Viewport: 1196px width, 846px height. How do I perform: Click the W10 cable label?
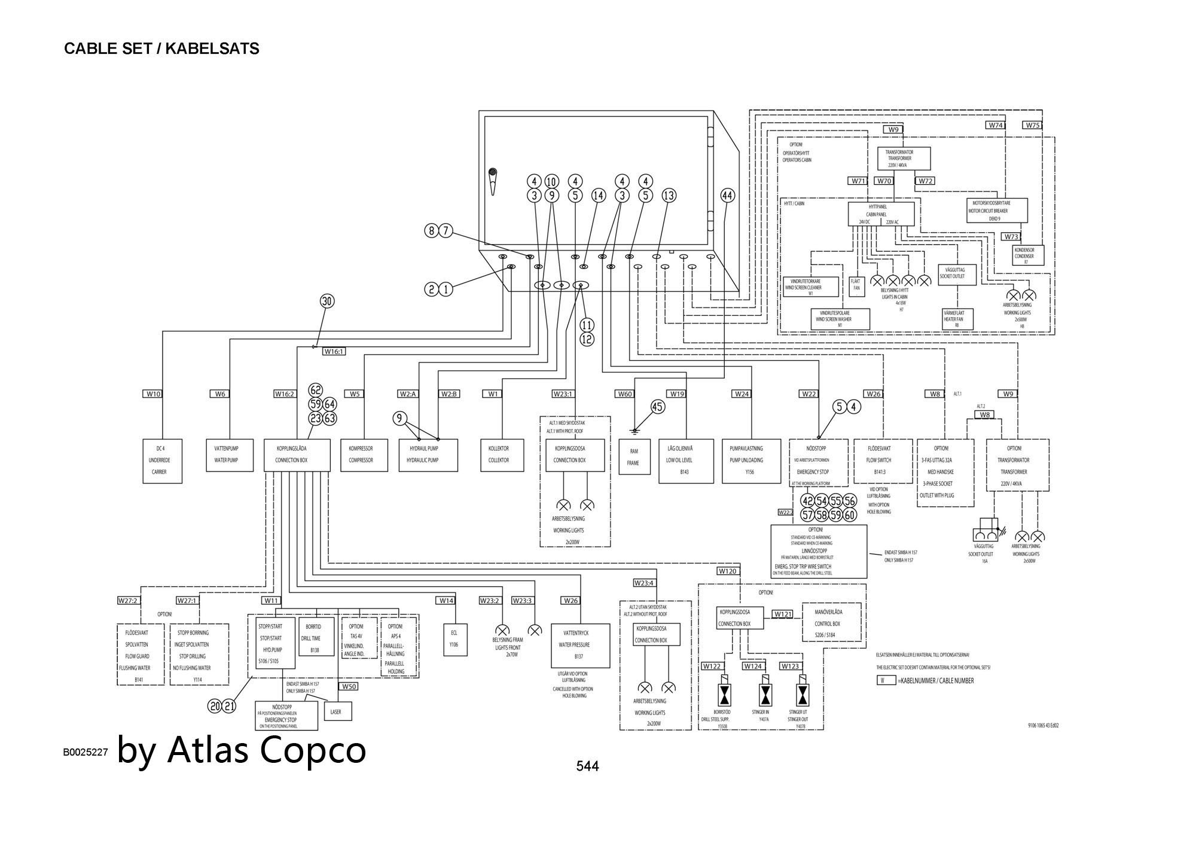tap(154, 394)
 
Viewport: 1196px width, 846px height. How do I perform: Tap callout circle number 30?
tap(327, 301)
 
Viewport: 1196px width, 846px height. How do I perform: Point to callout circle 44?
tap(727, 196)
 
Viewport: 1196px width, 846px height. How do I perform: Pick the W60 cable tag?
tap(625, 394)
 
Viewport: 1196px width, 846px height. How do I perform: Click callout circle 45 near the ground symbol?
tap(658, 407)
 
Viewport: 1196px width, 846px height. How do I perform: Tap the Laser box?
tap(337, 711)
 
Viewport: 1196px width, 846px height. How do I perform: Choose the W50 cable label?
tap(349, 686)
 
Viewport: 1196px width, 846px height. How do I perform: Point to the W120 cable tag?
tap(728, 571)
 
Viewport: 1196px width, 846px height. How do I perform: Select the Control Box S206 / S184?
tap(831, 623)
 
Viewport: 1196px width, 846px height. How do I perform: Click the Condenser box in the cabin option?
tap(1027, 255)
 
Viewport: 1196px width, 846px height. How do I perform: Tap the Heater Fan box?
tap(957, 319)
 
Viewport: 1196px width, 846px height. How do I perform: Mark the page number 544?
tap(587, 766)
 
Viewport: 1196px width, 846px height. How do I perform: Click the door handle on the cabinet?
tap(492, 181)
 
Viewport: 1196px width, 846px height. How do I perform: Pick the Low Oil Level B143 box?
tap(686, 461)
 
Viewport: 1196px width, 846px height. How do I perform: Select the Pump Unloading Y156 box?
tap(751, 461)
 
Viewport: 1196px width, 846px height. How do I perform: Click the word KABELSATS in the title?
tap(212, 49)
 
